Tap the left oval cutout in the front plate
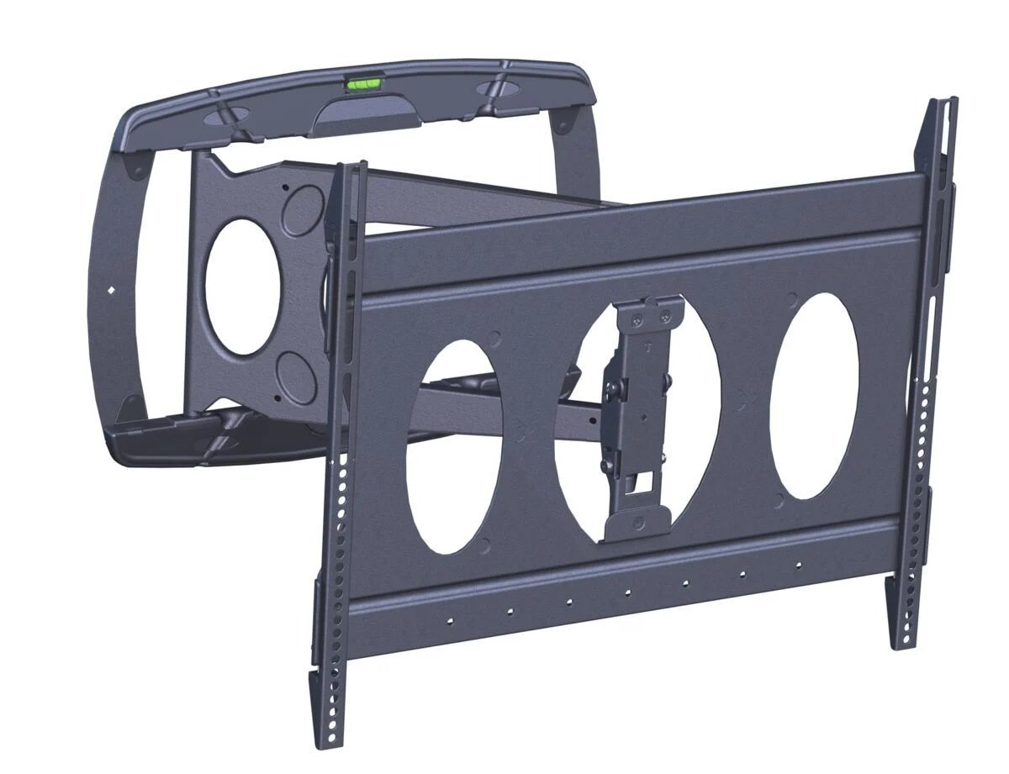(455, 446)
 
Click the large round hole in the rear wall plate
(242, 290)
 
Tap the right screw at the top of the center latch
(667, 316)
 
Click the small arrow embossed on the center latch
(647, 345)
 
